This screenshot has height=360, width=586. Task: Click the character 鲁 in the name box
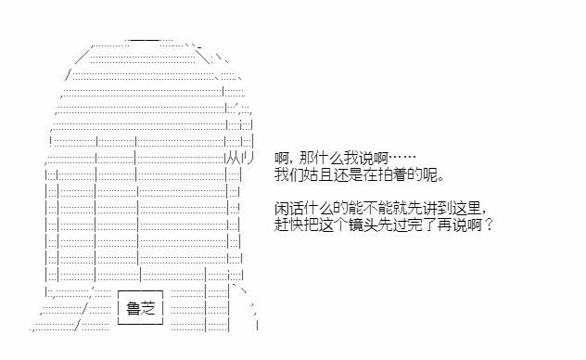coord(133,308)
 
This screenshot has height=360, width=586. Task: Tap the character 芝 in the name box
coord(148,308)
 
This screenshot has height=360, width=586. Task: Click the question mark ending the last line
coord(489,225)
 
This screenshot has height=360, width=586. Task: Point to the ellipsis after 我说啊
coord(402,158)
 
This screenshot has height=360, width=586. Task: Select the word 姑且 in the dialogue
coord(318,174)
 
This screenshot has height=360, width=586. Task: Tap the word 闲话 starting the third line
coord(289,208)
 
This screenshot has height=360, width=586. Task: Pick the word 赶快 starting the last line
coord(289,225)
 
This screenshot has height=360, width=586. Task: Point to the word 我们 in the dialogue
coord(289,174)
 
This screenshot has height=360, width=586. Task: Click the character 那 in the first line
coord(307,158)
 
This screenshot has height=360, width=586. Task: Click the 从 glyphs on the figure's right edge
coord(234,158)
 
